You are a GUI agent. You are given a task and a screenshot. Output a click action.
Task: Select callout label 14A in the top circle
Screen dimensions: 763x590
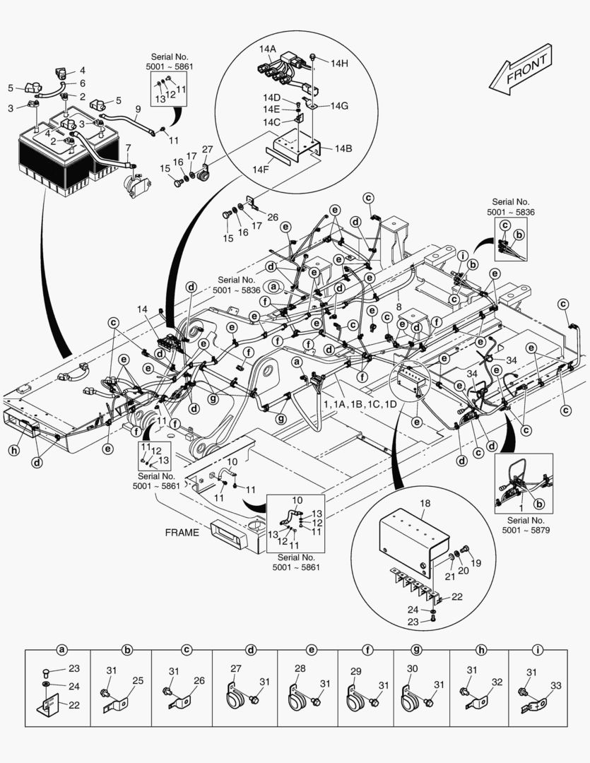[x=268, y=49]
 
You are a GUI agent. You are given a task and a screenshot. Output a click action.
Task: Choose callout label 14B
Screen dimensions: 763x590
[x=343, y=148]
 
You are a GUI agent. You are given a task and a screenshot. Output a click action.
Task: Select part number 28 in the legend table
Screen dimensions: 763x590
[x=300, y=668]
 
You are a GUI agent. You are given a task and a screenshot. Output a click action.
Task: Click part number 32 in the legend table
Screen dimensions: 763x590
[x=497, y=682]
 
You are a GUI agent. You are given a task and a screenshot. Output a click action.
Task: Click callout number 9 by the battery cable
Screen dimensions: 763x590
[x=138, y=109]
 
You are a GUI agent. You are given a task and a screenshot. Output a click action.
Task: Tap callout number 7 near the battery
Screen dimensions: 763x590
[x=128, y=148]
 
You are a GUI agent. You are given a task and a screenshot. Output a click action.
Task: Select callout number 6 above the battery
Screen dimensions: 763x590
[x=82, y=83]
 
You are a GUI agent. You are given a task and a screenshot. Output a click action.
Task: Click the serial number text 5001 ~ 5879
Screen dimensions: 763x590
[x=533, y=529]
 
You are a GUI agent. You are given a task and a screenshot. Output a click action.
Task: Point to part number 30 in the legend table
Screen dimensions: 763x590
[x=413, y=668]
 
